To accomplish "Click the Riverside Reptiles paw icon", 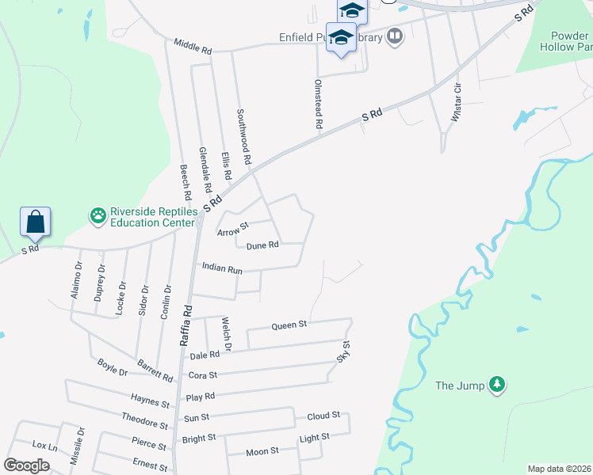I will click(x=98, y=215).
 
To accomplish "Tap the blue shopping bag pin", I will click(x=36, y=222).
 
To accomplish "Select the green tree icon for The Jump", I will click(x=497, y=386).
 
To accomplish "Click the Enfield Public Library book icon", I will click(x=394, y=36).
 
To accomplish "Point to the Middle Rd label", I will click(x=193, y=47).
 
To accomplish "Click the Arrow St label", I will click(x=233, y=229).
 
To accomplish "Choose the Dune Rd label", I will click(x=262, y=245).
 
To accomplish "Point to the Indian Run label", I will click(x=221, y=268).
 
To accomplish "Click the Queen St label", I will click(x=289, y=325).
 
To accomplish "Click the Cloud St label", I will click(x=323, y=415).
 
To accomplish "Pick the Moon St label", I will click(x=262, y=451).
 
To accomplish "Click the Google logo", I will click(x=26, y=465).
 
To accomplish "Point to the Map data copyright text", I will click(x=559, y=469).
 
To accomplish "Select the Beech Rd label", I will click(x=186, y=181).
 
